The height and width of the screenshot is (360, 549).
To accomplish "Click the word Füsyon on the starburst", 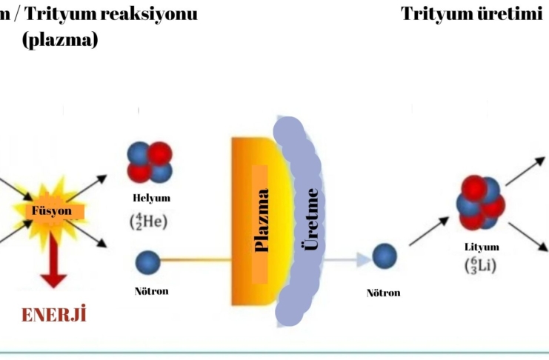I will (51, 210).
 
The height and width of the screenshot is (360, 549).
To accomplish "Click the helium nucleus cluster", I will (149, 161).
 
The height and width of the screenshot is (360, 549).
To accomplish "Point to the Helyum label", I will (151, 199).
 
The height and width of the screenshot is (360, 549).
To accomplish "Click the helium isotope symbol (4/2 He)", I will (151, 220).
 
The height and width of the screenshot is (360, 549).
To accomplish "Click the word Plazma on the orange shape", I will (261, 220).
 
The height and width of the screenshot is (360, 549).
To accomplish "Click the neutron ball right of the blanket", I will (385, 256).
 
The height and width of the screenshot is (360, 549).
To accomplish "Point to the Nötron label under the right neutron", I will (384, 293).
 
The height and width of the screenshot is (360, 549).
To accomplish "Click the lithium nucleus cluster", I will (480, 201).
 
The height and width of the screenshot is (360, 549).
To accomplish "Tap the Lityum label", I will (482, 247).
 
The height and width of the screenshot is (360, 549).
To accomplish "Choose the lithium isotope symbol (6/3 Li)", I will (482, 264).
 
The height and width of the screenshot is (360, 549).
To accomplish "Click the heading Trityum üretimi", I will (471, 14).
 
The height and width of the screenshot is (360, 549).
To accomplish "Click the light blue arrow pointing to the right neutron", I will (348, 259).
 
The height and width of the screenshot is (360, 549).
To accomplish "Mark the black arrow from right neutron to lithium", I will (429, 231).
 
